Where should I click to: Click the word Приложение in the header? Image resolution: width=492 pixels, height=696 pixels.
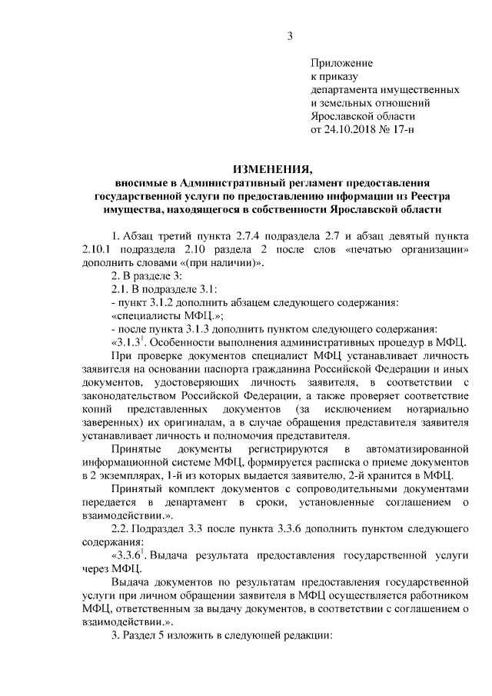click(341, 62)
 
